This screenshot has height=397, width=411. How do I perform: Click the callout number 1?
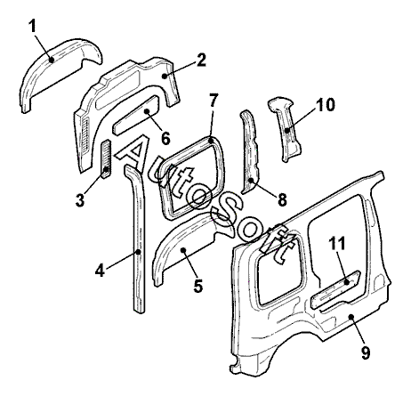(32, 26)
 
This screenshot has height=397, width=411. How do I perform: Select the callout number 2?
(201, 61)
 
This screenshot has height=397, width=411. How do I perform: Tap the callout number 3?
(80, 200)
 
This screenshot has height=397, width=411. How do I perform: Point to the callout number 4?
(100, 271)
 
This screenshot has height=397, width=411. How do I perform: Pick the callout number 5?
(198, 286)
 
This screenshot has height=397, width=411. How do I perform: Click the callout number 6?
(165, 138)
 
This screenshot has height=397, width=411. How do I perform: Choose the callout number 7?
(213, 101)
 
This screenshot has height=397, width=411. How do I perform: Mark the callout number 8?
(282, 199)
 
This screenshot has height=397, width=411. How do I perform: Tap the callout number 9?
(366, 352)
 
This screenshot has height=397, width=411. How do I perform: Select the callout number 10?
(326, 104)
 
